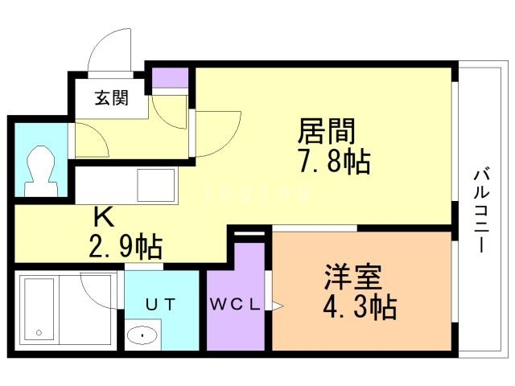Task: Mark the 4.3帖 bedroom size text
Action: click(x=359, y=307)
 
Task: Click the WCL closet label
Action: click(x=235, y=305)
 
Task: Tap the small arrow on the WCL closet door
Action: click(x=278, y=306)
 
